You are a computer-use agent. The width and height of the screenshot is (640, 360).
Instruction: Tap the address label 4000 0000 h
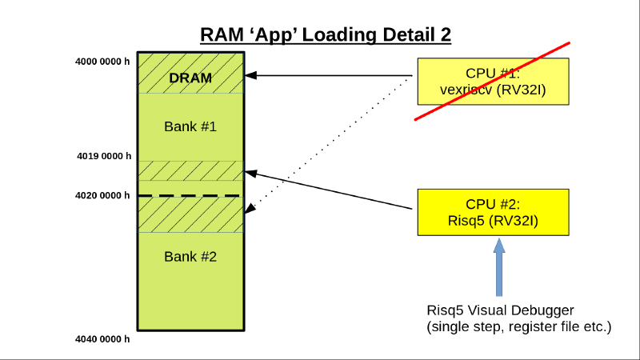click(x=102, y=61)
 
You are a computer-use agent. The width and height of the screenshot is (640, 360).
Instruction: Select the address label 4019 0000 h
click(x=102, y=156)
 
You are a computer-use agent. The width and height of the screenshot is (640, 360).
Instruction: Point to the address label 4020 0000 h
click(x=102, y=195)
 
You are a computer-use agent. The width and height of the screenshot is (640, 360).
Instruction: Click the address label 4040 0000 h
click(x=102, y=339)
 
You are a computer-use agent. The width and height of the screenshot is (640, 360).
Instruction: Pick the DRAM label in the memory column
click(x=190, y=78)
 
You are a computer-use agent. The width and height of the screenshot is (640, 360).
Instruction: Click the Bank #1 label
click(x=190, y=126)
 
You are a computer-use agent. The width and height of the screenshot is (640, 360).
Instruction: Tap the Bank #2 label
click(x=190, y=256)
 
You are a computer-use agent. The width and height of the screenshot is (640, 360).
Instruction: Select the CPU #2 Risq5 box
click(x=493, y=212)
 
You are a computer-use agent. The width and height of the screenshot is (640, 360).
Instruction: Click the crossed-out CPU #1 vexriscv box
click(x=493, y=81)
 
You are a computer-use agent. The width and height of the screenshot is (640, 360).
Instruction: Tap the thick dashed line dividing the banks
click(x=190, y=195)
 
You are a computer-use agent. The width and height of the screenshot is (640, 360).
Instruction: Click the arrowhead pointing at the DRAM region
click(x=250, y=76)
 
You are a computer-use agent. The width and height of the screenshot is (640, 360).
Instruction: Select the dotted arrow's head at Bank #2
click(x=250, y=210)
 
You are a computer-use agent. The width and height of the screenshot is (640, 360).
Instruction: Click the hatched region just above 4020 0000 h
click(x=190, y=171)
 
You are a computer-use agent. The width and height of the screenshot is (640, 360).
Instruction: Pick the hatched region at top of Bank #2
click(x=190, y=214)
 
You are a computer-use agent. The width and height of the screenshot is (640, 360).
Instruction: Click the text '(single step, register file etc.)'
click(x=518, y=326)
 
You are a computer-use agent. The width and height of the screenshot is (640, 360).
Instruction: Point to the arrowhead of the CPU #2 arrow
click(x=250, y=171)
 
